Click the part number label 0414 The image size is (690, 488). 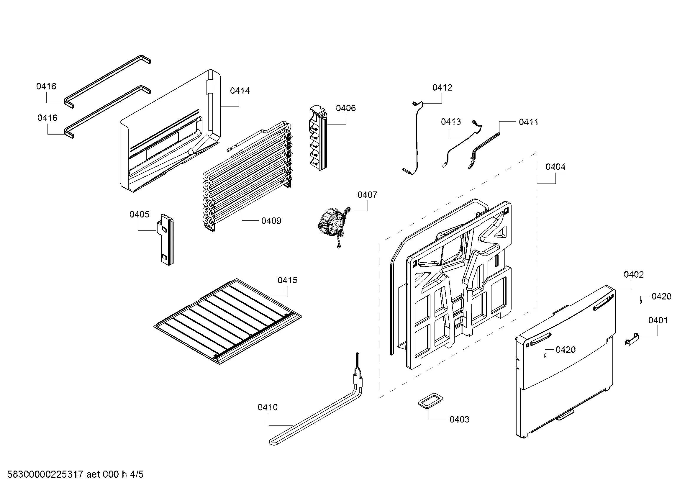[x=240, y=91]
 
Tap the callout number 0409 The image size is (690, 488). [x=271, y=221]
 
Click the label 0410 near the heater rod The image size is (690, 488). [x=268, y=407]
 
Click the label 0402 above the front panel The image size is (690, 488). [x=633, y=274]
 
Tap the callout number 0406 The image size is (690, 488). [x=346, y=108]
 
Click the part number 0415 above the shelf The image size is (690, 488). [x=287, y=280]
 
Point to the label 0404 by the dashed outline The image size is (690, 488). [x=555, y=167]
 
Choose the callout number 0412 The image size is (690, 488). [x=442, y=87]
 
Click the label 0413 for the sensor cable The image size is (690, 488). [x=451, y=122]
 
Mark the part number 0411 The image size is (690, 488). [x=528, y=122]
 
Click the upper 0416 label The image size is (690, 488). [x=46, y=86]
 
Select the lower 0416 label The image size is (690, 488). [x=47, y=118]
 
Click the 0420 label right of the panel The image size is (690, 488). [x=661, y=296]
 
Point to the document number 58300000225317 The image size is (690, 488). [x=45, y=474]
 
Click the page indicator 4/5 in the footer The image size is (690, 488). [x=137, y=474]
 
